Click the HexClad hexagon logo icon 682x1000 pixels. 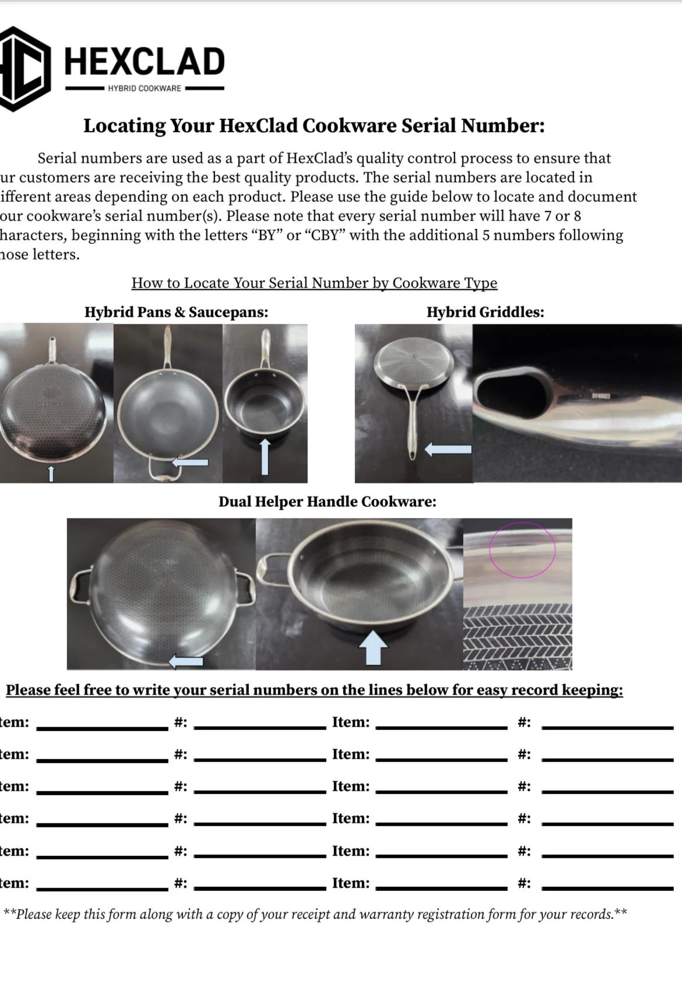(23, 69)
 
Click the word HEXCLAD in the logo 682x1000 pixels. (144, 62)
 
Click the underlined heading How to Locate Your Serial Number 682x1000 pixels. (314, 283)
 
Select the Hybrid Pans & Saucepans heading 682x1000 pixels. (176, 312)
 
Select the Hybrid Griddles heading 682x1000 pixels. (485, 312)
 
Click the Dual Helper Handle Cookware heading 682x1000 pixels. (327, 501)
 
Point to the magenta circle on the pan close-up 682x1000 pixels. (522, 549)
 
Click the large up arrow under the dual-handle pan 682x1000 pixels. (372, 648)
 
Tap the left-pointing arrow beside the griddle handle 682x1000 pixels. (448, 449)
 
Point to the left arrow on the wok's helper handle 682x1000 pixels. (191, 462)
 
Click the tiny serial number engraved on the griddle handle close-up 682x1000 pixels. (600, 396)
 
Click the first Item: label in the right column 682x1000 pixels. (350, 722)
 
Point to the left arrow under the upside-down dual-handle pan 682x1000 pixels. (185, 661)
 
